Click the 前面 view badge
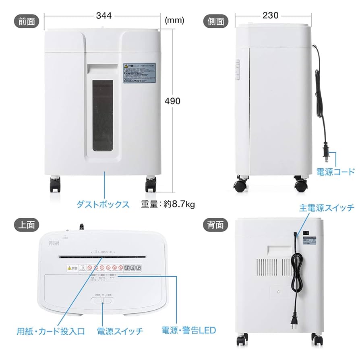tap(27, 21)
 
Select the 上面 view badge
tap(27, 224)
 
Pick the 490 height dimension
tap(172, 101)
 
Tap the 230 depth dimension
tap(270, 15)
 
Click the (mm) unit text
tap(174, 20)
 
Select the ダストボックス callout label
tap(103, 204)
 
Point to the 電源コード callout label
tap(335, 172)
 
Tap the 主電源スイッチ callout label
tap(327, 208)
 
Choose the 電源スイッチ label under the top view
tap(120, 331)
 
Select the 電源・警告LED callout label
tap(188, 331)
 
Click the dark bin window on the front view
tap(102, 115)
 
